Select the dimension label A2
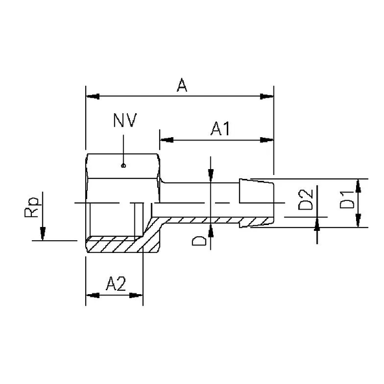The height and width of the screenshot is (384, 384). pyautogui.click(x=116, y=284)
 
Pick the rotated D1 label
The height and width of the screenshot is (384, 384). pyautogui.click(x=346, y=200)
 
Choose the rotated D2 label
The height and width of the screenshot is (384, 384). pyautogui.click(x=305, y=200)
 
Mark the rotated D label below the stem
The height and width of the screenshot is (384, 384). pyautogui.click(x=199, y=241)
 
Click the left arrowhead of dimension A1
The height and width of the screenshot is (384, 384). pyautogui.click(x=166, y=140)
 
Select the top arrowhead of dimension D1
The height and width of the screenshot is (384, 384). pyautogui.click(x=359, y=186)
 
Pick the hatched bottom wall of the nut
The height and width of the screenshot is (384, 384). pyautogui.click(x=113, y=246)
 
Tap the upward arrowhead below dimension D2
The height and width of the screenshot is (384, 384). pyautogui.click(x=317, y=224)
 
